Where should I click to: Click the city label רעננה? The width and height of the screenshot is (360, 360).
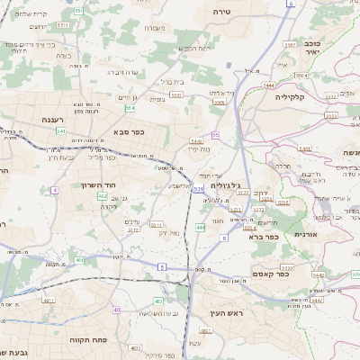pos(43,119)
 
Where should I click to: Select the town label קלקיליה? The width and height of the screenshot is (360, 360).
pos(293,97)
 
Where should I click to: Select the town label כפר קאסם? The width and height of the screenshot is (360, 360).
pos(270,274)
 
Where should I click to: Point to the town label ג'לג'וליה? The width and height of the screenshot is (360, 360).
pos(226,184)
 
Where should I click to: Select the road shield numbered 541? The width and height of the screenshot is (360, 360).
pos(60,131)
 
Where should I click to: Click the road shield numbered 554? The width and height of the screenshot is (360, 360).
pos(130,108)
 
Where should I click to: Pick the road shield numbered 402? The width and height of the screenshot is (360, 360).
pos(102,195)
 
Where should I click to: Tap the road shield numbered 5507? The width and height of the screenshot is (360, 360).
pos(291,42)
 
